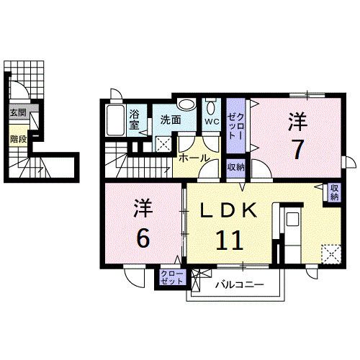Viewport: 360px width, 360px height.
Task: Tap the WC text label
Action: coord(211,122)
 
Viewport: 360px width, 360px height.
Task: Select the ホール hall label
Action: coord(194,158)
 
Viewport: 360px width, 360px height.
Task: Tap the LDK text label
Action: coord(228,211)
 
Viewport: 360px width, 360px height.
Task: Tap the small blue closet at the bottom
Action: coord(171,278)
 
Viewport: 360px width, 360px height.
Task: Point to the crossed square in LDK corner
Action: coord(331,254)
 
